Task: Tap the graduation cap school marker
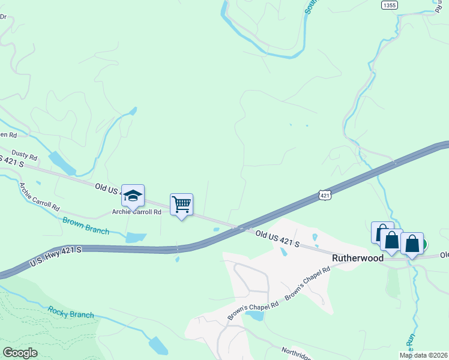tap(133, 196)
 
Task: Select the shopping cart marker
tap(181, 205)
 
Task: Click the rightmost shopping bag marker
tap(412, 244)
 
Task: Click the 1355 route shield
tap(389, 5)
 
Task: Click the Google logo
tap(20, 353)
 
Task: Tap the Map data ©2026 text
tap(423, 355)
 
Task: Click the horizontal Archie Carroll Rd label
tap(136, 212)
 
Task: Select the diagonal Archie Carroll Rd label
tap(39, 197)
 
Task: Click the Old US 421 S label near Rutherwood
tap(277, 238)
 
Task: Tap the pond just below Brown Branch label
tap(136, 237)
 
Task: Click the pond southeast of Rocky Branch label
tap(158, 346)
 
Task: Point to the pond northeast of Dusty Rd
tap(62, 162)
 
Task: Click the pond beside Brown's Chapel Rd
tap(255, 315)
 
